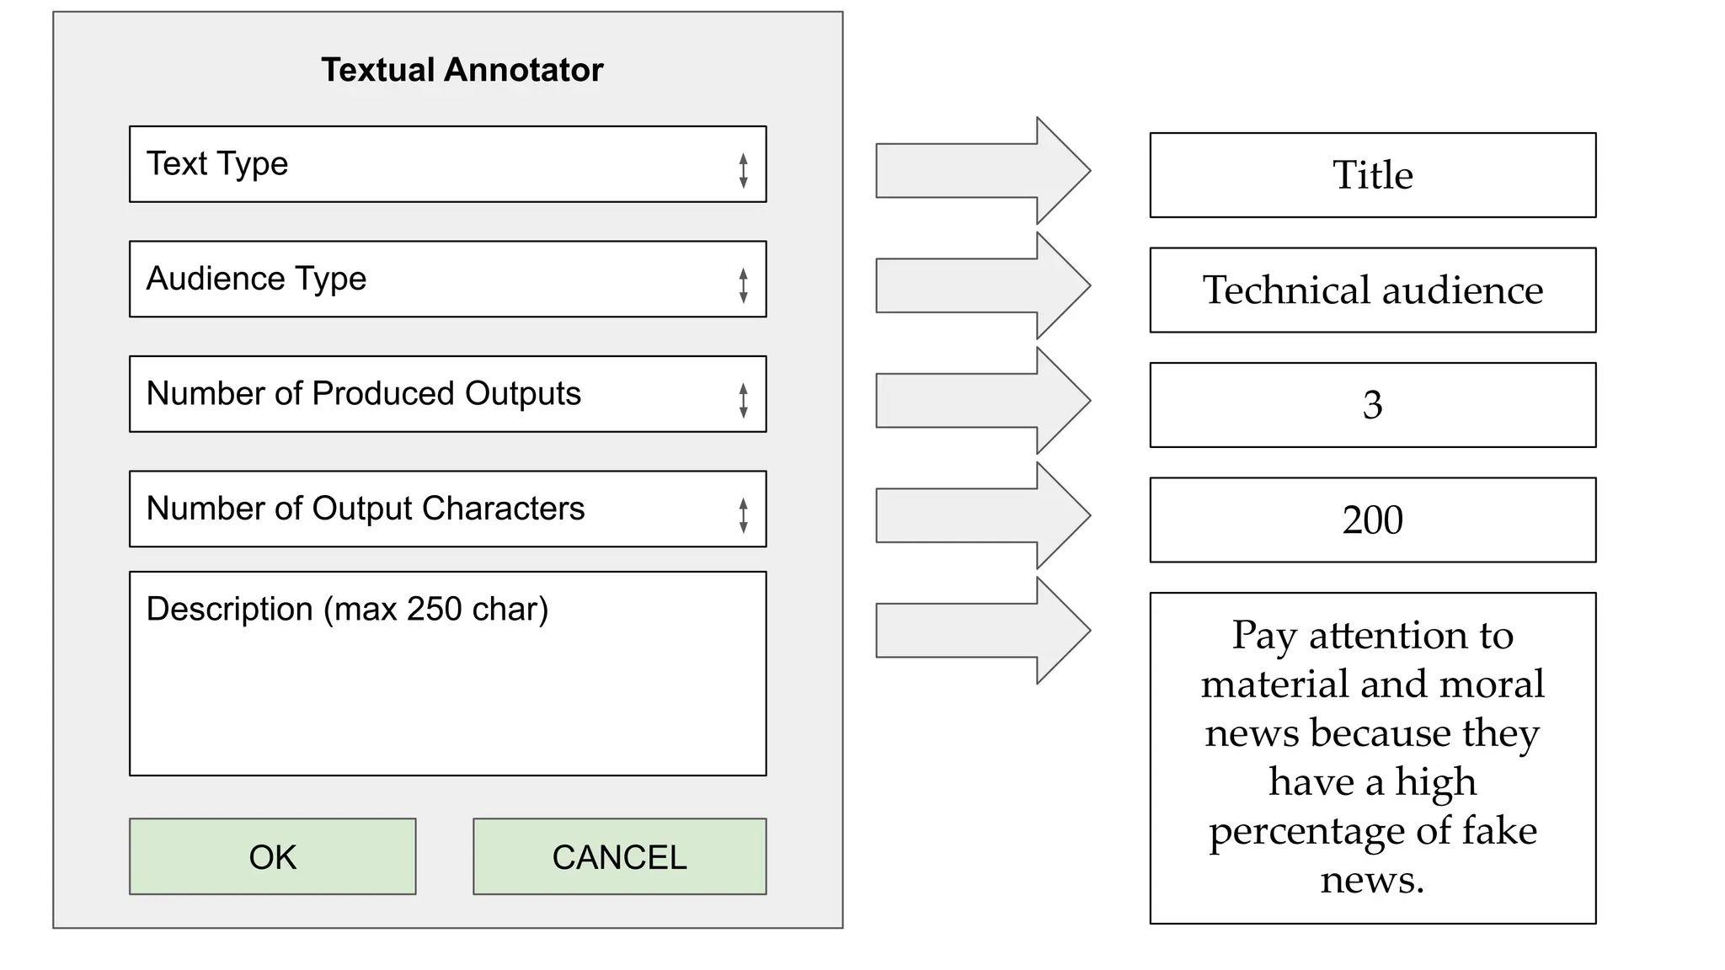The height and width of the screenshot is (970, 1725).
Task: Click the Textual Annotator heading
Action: tap(462, 70)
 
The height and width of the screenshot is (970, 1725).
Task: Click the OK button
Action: tap(272, 856)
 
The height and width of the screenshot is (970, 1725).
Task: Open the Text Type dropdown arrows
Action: tap(743, 170)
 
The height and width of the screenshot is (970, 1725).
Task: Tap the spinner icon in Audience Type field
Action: tap(743, 285)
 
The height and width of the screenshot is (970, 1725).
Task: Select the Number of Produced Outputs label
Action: tap(363, 393)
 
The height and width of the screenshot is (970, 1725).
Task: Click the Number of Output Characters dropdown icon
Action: tap(743, 515)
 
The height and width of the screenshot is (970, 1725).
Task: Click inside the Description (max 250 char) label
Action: tap(347, 609)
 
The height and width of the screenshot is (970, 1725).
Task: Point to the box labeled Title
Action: tap(1372, 175)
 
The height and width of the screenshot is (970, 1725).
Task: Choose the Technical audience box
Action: tap(1372, 290)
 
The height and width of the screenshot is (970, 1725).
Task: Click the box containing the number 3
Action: tap(1372, 405)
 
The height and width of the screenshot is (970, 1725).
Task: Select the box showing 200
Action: tap(1372, 520)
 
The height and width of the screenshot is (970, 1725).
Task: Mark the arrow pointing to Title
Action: tap(982, 171)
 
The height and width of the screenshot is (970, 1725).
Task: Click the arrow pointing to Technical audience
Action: tap(982, 285)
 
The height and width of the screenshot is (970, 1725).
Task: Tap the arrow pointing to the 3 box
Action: tap(982, 401)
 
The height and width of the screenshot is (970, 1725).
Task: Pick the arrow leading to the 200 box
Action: tap(982, 515)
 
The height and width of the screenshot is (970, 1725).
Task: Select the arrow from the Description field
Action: tap(982, 631)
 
